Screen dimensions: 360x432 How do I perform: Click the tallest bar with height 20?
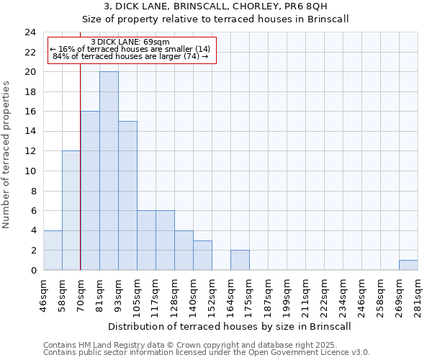click(109, 171)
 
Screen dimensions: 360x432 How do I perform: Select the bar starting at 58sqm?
click(71, 210)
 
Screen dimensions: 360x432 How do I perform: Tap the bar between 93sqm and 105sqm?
click(127, 195)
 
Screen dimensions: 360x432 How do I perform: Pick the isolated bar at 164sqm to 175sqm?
click(240, 260)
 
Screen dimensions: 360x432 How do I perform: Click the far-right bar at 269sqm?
click(408, 265)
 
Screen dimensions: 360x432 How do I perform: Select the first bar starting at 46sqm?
click(53, 250)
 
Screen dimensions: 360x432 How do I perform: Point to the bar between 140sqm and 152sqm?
click(202, 255)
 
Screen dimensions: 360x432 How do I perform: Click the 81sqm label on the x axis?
click(99, 294)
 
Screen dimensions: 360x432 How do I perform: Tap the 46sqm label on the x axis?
click(43, 294)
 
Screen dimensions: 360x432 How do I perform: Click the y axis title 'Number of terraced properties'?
click(6, 155)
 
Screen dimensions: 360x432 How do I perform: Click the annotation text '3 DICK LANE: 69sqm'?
click(130, 42)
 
